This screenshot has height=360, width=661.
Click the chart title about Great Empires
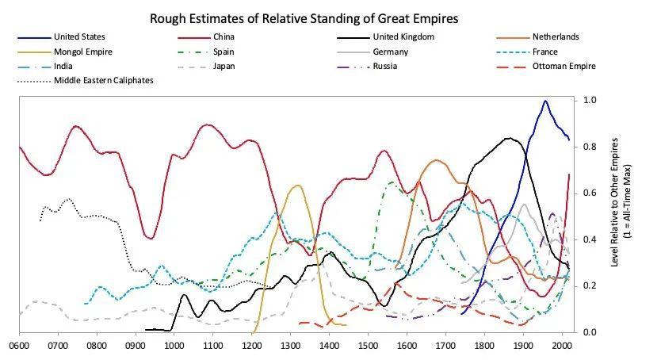coord(304,17)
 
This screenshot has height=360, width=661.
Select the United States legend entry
coord(79,37)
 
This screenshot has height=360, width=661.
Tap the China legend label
coord(224,37)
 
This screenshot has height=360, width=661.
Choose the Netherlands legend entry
coord(556,37)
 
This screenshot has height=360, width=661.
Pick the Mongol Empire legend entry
coord(83,52)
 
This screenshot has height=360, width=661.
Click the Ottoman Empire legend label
coord(564,67)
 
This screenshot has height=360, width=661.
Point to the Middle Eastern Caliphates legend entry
coord(103,81)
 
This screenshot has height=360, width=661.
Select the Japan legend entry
coord(224,67)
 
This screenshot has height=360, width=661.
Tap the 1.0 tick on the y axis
coord(590,101)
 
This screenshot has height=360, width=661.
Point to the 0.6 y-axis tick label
coord(590,193)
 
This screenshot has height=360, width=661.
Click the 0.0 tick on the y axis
coord(590,332)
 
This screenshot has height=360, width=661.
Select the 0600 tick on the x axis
coord(19,347)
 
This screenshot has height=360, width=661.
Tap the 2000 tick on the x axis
coord(562,347)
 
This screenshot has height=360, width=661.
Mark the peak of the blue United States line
coord(545,101)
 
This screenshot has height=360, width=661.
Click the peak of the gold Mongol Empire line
coord(297,186)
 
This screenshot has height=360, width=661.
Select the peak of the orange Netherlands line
coord(435,160)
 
